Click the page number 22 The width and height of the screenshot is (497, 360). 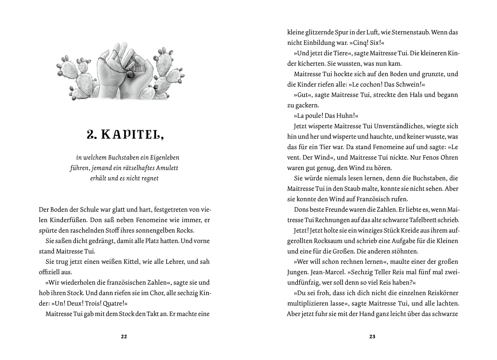[124, 337]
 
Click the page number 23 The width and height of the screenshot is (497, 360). [372, 337]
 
